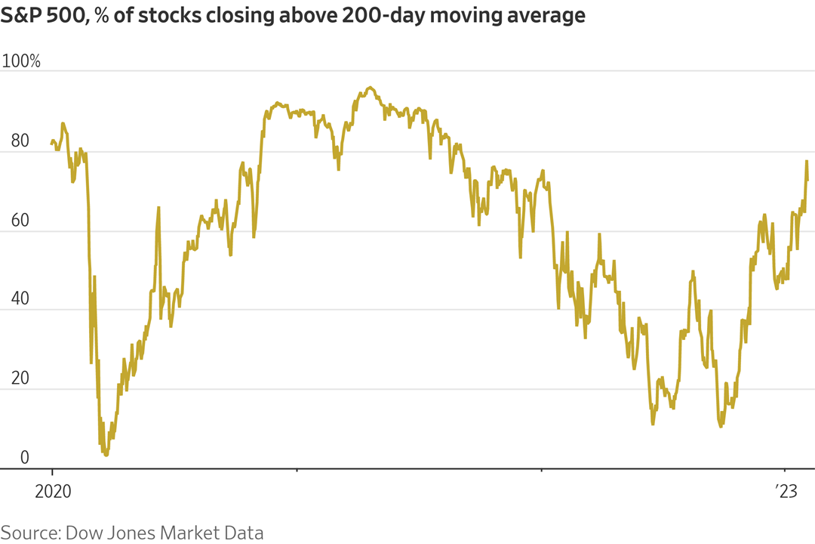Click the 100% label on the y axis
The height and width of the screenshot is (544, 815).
pos(22,61)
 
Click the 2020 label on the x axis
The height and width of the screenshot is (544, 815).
pos(53,491)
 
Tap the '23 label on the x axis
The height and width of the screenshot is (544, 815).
pos(786,491)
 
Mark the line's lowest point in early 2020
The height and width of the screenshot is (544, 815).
pos(106,455)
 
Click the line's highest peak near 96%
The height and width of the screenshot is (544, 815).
pos(370,88)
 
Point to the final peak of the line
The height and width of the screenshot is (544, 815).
pos(807,161)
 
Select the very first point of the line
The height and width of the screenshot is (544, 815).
pos(51,142)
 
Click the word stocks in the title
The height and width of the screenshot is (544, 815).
pos(172,16)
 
